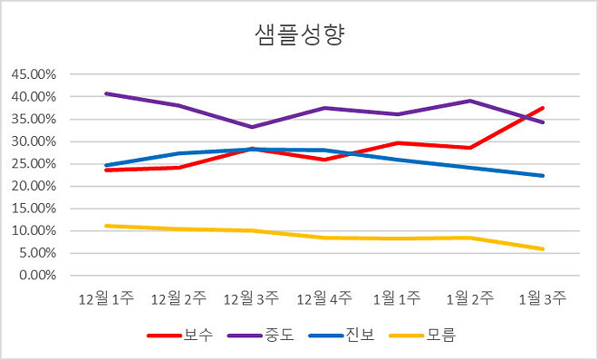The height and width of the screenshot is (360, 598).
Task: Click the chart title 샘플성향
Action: (x=299, y=35)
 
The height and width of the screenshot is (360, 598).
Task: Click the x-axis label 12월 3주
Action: (x=251, y=298)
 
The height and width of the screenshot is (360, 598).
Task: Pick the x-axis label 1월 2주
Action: (x=470, y=298)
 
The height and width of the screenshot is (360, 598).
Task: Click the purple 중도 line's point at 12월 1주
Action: (x=105, y=93)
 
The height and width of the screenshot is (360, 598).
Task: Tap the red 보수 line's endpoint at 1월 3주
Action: (x=544, y=108)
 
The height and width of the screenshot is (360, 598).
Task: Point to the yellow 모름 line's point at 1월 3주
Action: (x=544, y=249)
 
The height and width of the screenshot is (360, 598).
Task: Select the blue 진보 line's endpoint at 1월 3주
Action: (x=544, y=176)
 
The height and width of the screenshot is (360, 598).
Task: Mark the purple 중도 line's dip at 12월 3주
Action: (x=251, y=127)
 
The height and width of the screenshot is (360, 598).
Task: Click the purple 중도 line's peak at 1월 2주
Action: (x=470, y=101)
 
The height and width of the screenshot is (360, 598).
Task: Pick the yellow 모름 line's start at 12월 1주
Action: (x=105, y=226)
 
